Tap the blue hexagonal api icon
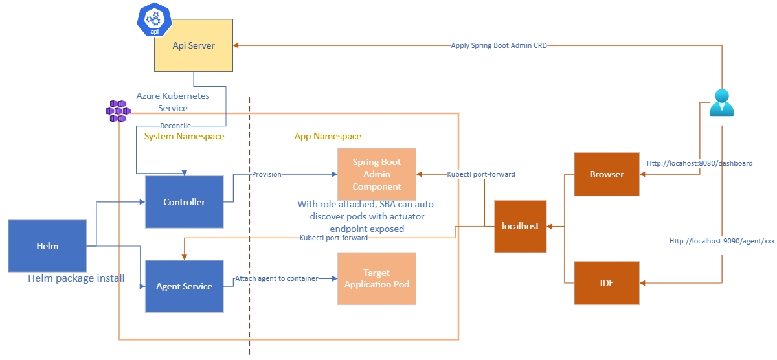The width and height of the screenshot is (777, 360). click(155, 19)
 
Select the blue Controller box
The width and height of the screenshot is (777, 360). click(184, 202)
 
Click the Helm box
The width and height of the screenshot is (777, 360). click(47, 246)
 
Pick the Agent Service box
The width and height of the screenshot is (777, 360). click(184, 286)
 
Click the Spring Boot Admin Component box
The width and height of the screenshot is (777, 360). click(376, 174)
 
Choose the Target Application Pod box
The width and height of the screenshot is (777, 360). click(376, 279)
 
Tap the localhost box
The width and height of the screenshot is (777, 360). click(521, 226)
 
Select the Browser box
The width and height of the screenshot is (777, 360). click(607, 174)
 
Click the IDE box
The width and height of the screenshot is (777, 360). click(607, 283)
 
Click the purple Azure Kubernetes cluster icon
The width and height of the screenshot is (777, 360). click(118, 111)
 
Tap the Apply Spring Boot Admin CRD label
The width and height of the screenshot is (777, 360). click(499, 45)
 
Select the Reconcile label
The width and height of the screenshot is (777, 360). click(175, 125)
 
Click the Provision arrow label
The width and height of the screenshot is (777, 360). click(266, 174)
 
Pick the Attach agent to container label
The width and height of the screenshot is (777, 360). click(276, 278)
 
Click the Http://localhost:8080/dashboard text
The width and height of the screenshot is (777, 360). click(699, 164)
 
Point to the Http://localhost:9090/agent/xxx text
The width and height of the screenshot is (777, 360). click(722, 241)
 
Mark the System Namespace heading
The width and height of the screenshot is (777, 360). click(184, 137)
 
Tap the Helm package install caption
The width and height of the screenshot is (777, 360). click(76, 278)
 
